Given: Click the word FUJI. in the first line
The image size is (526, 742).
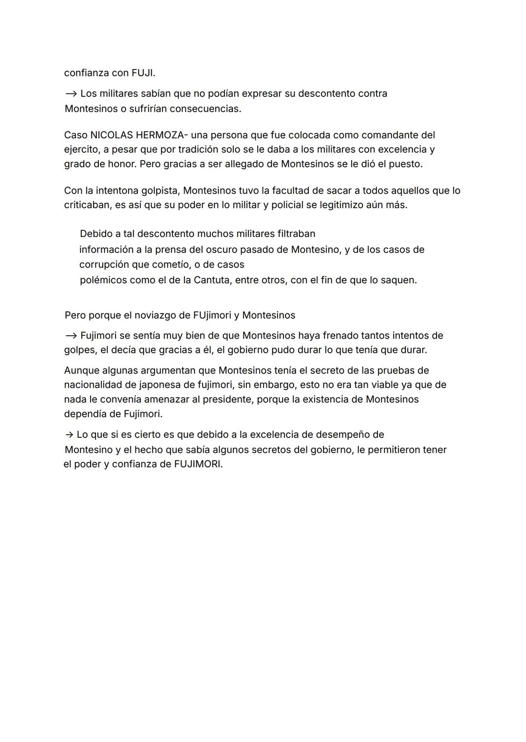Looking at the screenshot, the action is point(143,73).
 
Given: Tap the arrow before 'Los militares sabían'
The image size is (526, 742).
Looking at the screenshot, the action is point(71,93).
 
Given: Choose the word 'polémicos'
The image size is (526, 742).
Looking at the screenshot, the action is point(103,280).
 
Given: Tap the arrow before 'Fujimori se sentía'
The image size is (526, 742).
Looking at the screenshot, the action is point(71,336).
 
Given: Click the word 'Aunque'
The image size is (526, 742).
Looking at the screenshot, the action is point(81,371).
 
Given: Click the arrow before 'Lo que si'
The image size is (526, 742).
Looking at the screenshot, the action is point(70,434).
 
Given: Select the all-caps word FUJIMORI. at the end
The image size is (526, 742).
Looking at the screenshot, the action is point(198,464).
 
